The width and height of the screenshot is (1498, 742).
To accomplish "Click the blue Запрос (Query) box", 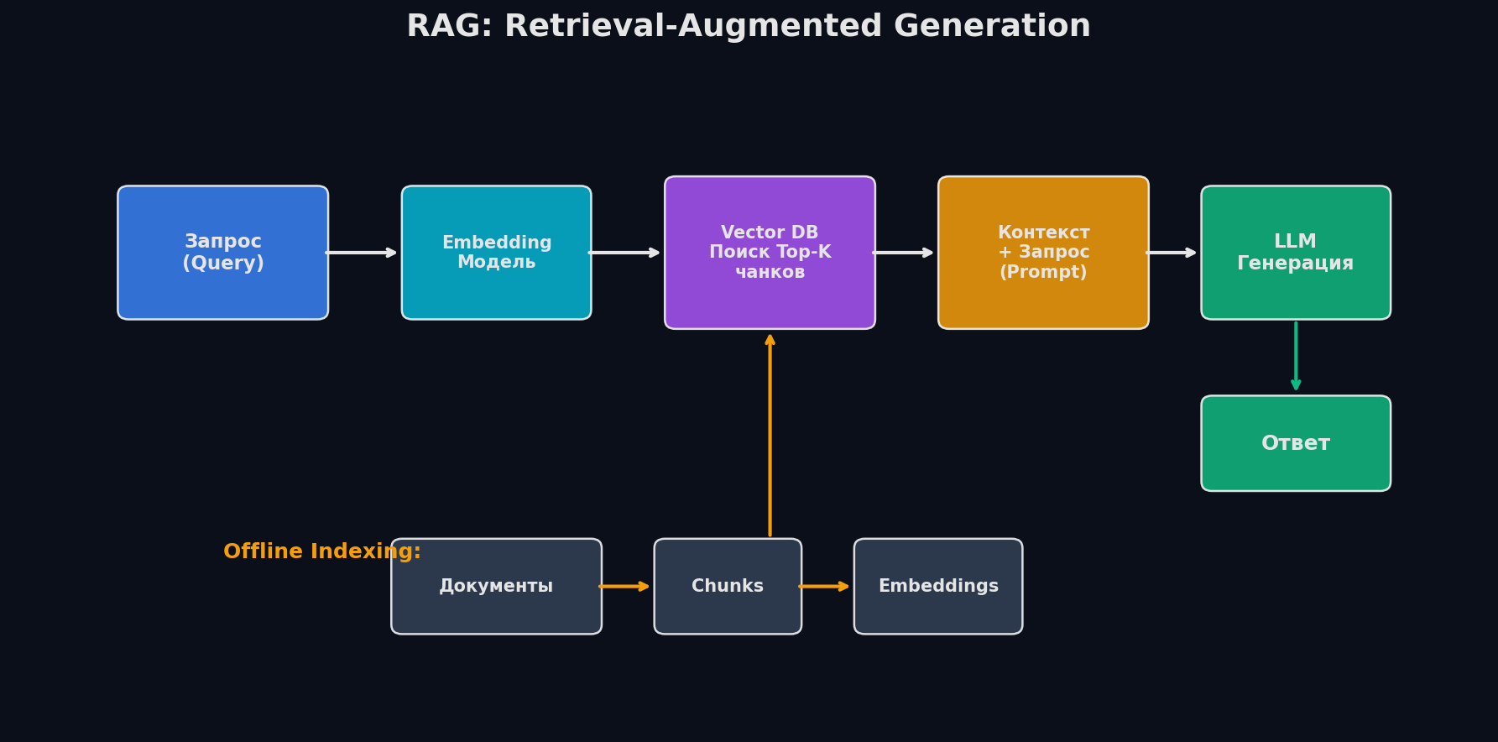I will click(222, 253).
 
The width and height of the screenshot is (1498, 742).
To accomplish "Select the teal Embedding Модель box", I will click(496, 253).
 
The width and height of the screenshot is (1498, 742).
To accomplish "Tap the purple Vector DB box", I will click(770, 253).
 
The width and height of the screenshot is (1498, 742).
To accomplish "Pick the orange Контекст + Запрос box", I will click(1043, 253).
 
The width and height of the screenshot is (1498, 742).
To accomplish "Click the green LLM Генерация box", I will click(1295, 253).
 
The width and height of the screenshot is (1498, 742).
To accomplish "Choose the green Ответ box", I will click(1295, 443).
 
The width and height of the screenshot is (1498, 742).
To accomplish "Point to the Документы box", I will click(496, 586).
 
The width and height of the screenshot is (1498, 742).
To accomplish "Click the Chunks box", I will click(728, 586).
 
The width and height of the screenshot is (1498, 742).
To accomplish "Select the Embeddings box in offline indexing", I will click(938, 586).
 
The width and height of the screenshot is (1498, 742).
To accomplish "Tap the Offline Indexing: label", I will click(321, 551).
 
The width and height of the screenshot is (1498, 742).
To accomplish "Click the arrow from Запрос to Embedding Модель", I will click(361, 253).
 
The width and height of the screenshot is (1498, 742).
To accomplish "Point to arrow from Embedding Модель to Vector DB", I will click(624, 253).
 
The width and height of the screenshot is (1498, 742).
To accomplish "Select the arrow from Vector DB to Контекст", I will click(904, 253).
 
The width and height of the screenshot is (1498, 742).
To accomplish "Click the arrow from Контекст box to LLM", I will click(1172, 253).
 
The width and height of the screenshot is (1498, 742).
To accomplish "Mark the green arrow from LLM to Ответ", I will click(1296, 356).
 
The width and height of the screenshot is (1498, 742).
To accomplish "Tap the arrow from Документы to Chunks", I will click(624, 586).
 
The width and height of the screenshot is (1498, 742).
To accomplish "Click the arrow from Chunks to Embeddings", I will click(824, 586).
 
